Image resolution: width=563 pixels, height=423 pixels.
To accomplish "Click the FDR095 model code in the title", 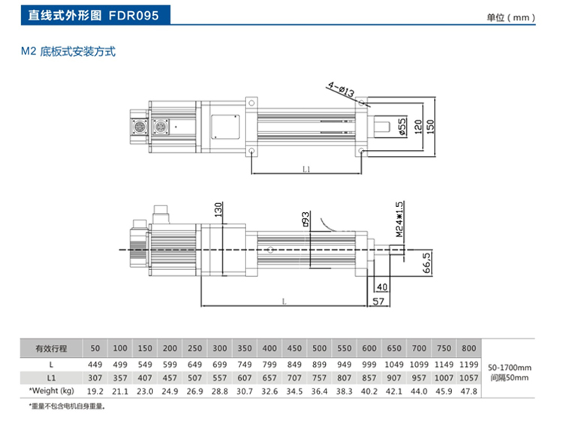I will (x=134, y=15).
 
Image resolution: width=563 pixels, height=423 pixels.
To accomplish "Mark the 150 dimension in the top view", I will (x=429, y=126).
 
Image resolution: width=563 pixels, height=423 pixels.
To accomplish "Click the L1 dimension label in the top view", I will (x=306, y=169).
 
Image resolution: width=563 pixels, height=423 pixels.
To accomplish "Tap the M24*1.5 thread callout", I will (x=399, y=219).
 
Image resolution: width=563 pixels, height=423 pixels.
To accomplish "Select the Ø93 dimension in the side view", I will (x=306, y=219).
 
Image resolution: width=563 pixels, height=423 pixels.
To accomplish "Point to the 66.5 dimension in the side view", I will (x=426, y=264).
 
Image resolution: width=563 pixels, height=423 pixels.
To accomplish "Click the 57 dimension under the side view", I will (x=378, y=301).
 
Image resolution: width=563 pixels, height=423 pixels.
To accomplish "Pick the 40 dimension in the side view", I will (x=381, y=286).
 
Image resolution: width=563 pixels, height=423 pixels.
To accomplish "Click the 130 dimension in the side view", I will (x=218, y=209).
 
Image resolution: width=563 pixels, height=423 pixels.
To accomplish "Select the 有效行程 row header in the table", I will (x=52, y=349).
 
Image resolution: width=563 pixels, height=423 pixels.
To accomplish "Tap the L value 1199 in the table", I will (x=468, y=364).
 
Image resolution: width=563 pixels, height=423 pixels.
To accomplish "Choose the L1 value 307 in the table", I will (x=95, y=378).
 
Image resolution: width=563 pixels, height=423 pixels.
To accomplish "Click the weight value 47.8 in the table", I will (x=468, y=391).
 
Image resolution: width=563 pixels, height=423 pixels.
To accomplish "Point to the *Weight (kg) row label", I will (x=52, y=391).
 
